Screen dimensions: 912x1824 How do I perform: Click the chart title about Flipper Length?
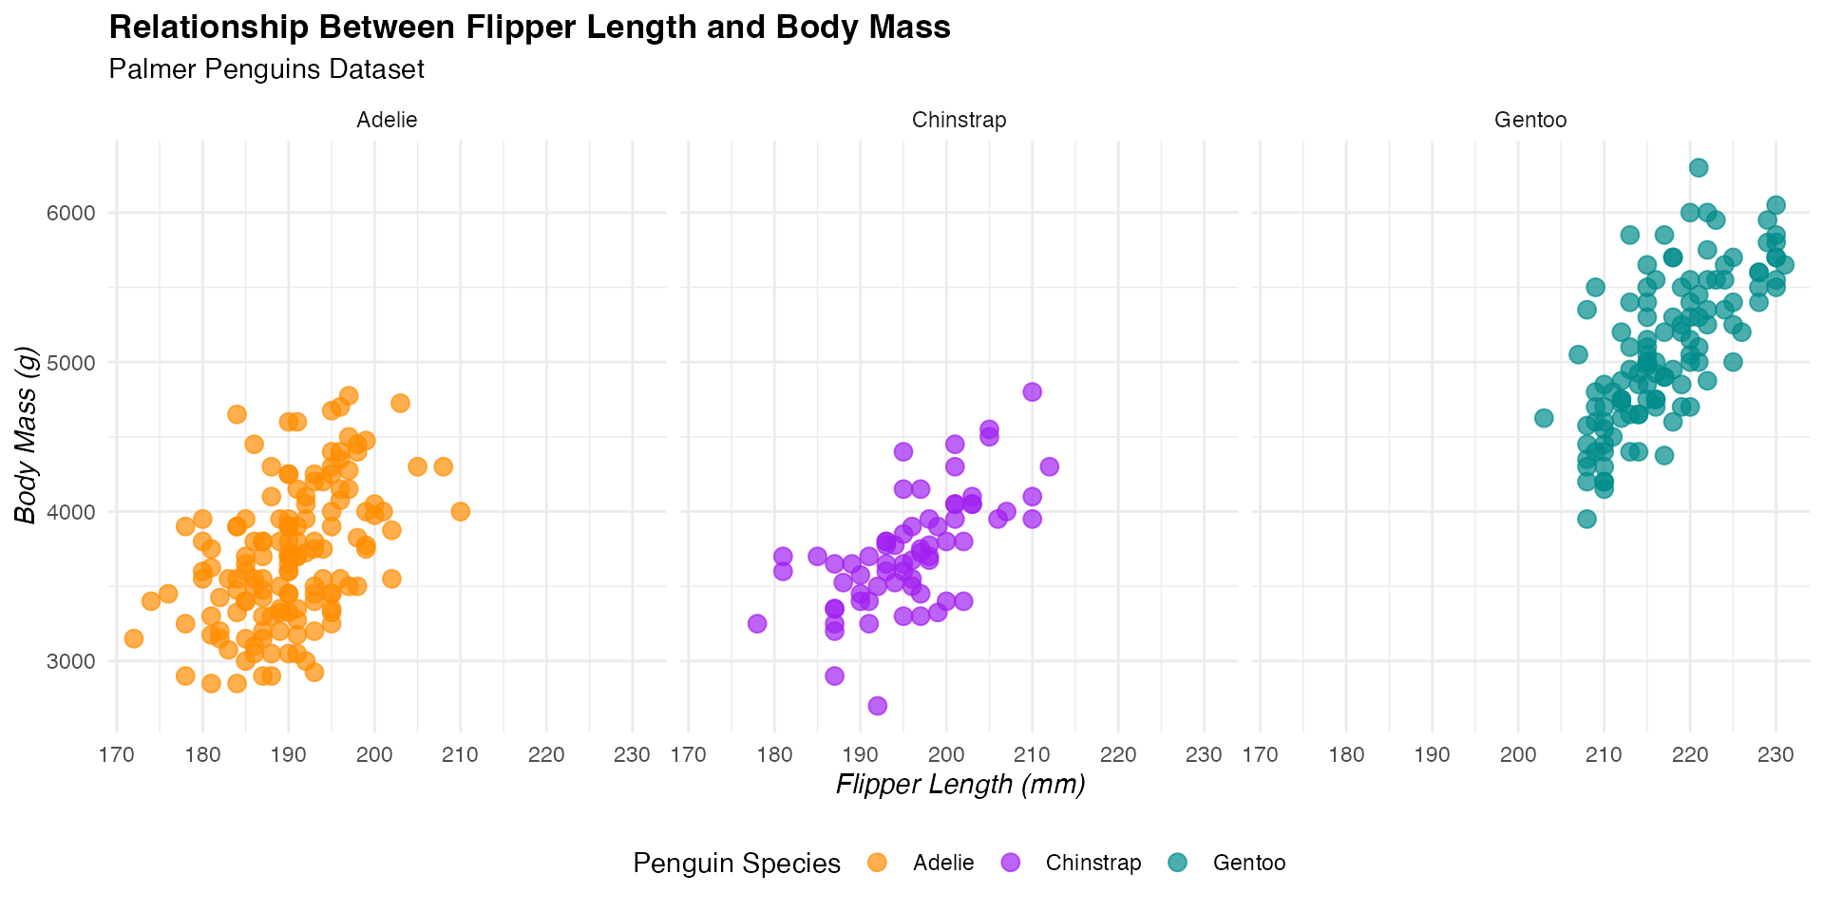529,28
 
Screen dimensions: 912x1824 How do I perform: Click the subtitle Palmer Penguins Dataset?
266,69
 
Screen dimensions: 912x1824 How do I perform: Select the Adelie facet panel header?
387,120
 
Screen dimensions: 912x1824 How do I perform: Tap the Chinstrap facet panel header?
959,120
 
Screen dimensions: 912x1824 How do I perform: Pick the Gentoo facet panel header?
1530,120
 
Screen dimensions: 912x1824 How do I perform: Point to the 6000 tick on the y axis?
71,213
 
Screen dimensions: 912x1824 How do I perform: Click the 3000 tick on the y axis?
71,661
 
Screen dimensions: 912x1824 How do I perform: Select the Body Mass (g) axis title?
27,435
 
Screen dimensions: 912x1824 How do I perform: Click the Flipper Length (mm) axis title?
960,785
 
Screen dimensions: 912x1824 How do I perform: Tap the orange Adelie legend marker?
878,863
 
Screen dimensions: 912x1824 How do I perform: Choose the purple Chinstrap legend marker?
1011,863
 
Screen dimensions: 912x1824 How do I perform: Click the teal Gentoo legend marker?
1178,863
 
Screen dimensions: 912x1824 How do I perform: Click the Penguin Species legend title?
736,864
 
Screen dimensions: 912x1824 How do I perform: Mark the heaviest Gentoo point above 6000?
1699,168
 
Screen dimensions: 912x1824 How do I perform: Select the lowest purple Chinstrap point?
878,706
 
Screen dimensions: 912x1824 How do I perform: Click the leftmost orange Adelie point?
134,638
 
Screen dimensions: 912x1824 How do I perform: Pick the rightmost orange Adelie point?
461,511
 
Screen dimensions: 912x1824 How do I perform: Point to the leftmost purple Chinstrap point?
757,623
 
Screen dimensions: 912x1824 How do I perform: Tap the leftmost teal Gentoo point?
1544,418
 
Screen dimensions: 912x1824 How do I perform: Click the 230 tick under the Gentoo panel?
1776,755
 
